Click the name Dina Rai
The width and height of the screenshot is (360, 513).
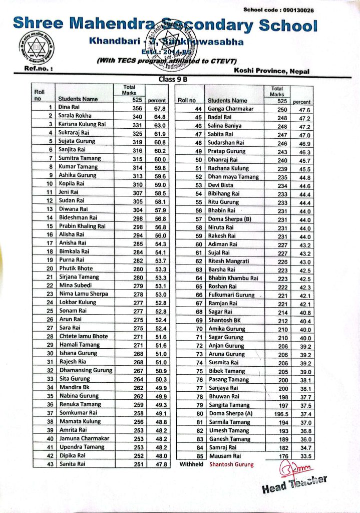click(70, 107)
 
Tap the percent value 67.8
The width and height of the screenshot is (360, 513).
click(160, 108)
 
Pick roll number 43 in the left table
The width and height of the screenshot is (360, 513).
click(50, 464)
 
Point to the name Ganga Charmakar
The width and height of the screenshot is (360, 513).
click(230, 109)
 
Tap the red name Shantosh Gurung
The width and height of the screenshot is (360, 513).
click(231, 464)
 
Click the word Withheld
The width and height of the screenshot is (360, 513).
click(191, 464)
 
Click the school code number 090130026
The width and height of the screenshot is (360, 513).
click(299, 10)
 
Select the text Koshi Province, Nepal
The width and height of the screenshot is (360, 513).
click(271, 71)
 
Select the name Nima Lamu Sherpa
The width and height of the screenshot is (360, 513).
click(83, 294)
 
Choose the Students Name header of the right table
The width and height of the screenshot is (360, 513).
click(227, 101)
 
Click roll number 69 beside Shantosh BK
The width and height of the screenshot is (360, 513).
click(198, 320)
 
